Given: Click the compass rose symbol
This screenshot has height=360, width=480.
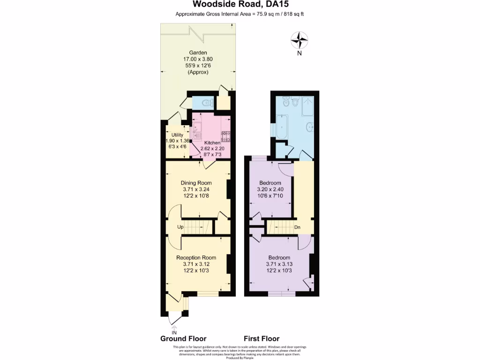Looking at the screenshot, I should pos(299,40).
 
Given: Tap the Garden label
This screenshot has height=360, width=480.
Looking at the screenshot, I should pos(198,52).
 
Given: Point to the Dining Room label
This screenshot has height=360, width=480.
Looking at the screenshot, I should pos(196,183).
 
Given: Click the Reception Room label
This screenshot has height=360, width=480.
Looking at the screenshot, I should pos(196,257).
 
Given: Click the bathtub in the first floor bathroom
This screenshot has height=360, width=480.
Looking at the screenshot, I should pos(281,128).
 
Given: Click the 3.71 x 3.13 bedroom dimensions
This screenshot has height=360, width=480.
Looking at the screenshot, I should pos(279,264).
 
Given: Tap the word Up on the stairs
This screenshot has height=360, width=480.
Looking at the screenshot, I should pos(180,227).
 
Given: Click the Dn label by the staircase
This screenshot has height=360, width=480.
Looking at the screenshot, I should pos(297,228).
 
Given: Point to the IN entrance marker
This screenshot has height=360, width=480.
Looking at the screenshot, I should pos(174,332).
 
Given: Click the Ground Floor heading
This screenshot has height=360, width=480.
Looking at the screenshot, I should pos(183,338).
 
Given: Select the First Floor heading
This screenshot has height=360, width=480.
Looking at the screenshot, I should pos(262,338).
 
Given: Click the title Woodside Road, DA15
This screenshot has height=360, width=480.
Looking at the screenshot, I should pos(240,5).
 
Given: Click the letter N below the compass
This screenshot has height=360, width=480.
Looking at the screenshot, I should pos(299,53).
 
